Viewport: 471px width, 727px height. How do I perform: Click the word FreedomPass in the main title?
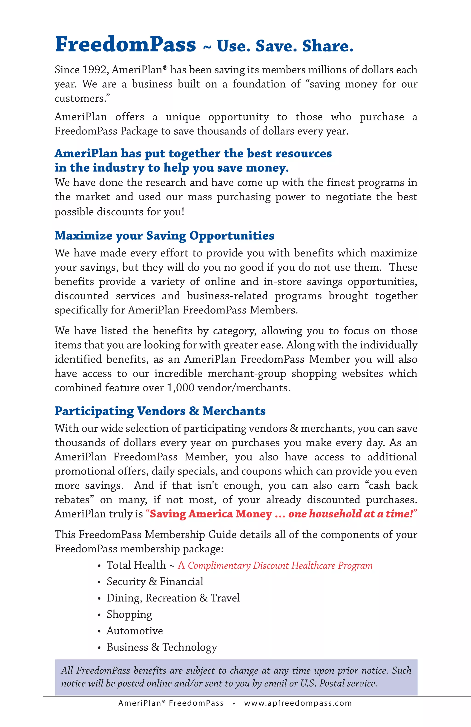(125, 44)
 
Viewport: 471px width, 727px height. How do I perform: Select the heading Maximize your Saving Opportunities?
(164, 236)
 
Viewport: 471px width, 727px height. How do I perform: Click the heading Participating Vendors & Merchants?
(160, 411)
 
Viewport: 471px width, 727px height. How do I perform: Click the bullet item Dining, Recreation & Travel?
(173, 598)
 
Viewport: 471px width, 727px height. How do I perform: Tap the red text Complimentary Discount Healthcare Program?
(280, 566)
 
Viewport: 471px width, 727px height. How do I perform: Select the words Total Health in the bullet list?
(136, 565)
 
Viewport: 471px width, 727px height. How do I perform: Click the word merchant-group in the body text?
(247, 374)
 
